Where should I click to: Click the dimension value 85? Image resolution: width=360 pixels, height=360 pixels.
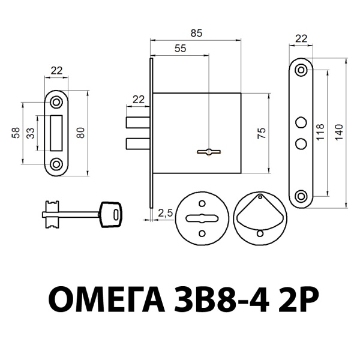point(196,34)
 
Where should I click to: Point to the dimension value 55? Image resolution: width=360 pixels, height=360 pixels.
point(180,49)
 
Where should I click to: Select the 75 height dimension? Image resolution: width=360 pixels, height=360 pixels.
point(261,133)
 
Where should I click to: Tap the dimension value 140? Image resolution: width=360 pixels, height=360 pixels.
point(339,132)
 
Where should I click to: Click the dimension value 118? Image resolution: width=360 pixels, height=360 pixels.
point(320,132)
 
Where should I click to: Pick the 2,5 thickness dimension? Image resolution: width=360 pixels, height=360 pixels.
point(165,212)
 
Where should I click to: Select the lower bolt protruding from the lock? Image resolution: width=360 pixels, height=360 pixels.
point(138,143)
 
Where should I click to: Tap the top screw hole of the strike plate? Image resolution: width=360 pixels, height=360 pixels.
point(57,101)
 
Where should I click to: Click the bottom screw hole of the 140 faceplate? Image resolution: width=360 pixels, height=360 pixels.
point(301,195)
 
